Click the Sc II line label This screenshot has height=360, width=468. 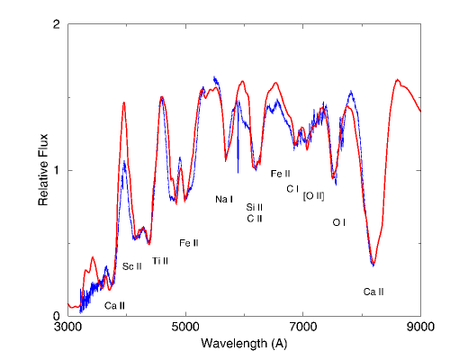click(x=132, y=266)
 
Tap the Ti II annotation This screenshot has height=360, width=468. click(x=160, y=261)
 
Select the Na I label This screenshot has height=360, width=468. click(x=224, y=199)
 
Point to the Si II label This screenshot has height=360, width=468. click(x=254, y=207)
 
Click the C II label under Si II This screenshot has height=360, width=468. click(x=254, y=219)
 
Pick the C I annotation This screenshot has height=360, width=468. click(x=292, y=189)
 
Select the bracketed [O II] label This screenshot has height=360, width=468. click(x=314, y=195)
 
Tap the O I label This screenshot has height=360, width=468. click(x=338, y=221)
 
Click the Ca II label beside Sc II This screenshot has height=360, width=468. click(x=114, y=306)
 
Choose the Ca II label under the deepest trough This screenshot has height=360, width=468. click(x=373, y=292)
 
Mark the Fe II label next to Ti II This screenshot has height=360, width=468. click(x=188, y=243)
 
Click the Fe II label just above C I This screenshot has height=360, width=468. click(x=280, y=174)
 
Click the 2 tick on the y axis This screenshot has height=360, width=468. click(x=57, y=24)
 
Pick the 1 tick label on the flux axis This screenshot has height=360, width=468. click(x=57, y=170)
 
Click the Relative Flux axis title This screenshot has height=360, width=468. click(x=43, y=170)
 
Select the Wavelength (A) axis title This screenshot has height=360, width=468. click(x=244, y=344)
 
